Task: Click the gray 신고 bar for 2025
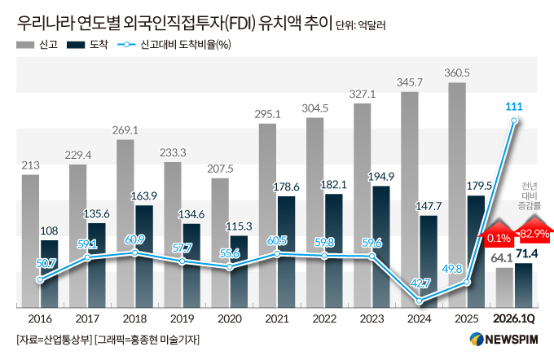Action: click(x=457, y=195)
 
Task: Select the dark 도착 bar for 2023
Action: click(x=381, y=247)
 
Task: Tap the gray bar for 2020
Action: click(x=220, y=243)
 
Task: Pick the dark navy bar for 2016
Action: click(x=50, y=274)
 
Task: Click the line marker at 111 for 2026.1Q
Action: click(x=514, y=121)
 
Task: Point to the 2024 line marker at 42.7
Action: click(x=419, y=301)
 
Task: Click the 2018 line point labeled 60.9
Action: click(x=134, y=252)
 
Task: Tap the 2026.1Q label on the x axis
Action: click(x=514, y=319)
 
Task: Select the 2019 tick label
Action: click(x=182, y=319)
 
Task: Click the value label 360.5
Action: click(x=457, y=72)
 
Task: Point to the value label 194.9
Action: click(x=381, y=176)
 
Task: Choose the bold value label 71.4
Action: click(x=527, y=253)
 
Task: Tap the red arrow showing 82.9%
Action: click(x=534, y=230)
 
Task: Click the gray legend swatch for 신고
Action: click(x=25, y=45)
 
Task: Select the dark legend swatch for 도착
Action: click(x=76, y=45)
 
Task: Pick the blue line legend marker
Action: click(x=126, y=45)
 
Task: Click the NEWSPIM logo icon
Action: click(x=477, y=339)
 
